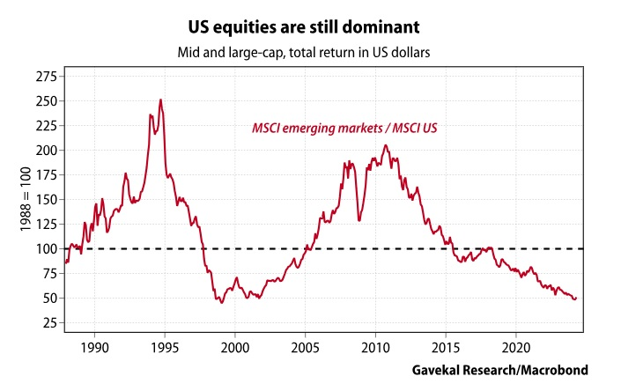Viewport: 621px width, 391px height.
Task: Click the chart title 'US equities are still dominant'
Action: click(x=310, y=18)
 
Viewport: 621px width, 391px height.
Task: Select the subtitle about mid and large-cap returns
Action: click(x=310, y=53)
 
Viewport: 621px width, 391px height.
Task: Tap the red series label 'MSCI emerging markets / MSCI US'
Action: click(x=345, y=129)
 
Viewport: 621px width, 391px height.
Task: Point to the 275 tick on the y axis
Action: click(x=44, y=77)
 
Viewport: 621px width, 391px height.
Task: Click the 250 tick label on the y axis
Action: click(x=44, y=101)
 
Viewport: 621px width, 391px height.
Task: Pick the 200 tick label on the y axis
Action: click(x=44, y=151)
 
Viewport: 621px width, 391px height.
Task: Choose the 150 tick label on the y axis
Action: click(x=44, y=200)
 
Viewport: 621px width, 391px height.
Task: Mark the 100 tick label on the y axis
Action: click(x=44, y=249)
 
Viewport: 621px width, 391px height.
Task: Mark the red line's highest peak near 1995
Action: click(x=160, y=100)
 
